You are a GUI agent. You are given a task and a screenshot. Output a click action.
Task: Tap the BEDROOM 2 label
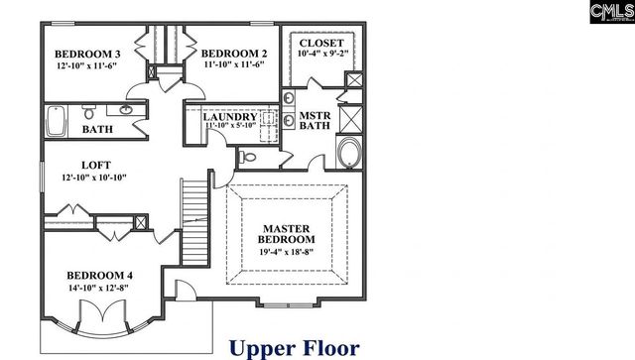coord(234,54)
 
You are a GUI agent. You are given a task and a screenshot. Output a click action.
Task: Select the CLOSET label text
coord(321,44)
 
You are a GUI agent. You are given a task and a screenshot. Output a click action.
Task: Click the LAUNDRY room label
coord(230,117)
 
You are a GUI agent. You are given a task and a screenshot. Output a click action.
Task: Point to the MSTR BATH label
coord(315,122)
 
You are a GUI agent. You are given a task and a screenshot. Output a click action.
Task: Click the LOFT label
coord(95,165)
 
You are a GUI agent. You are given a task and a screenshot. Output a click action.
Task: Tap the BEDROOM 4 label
coord(100,275)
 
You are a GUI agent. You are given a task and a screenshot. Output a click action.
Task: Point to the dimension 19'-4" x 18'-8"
coord(287,252)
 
